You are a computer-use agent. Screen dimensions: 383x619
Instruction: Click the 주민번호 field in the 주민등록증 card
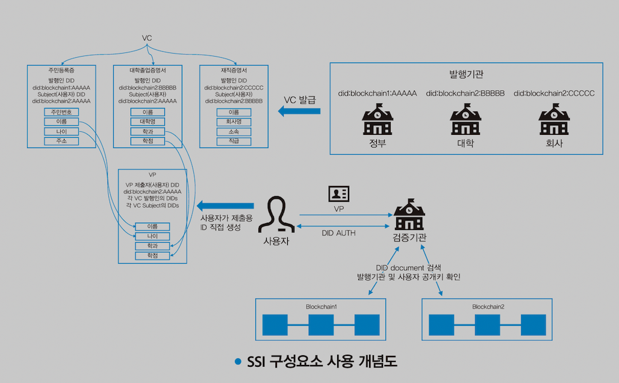coord(61,112)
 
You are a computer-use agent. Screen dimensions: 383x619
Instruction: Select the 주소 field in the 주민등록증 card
coord(61,141)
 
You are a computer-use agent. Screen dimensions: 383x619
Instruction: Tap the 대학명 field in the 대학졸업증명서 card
coord(147,122)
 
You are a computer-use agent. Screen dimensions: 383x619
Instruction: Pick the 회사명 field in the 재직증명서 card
coord(233,122)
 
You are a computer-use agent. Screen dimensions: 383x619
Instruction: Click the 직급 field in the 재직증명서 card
coord(233,141)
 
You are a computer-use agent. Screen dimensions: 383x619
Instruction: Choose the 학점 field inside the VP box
coord(153,256)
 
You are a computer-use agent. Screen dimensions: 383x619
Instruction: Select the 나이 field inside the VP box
coord(153,237)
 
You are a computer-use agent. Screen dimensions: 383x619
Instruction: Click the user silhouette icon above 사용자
coord(276,214)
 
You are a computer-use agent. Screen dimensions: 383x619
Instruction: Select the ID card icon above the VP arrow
coord(338,194)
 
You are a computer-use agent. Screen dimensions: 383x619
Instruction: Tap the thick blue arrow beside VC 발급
coord(299,111)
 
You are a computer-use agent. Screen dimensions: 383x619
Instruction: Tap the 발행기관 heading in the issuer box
coord(466,75)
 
